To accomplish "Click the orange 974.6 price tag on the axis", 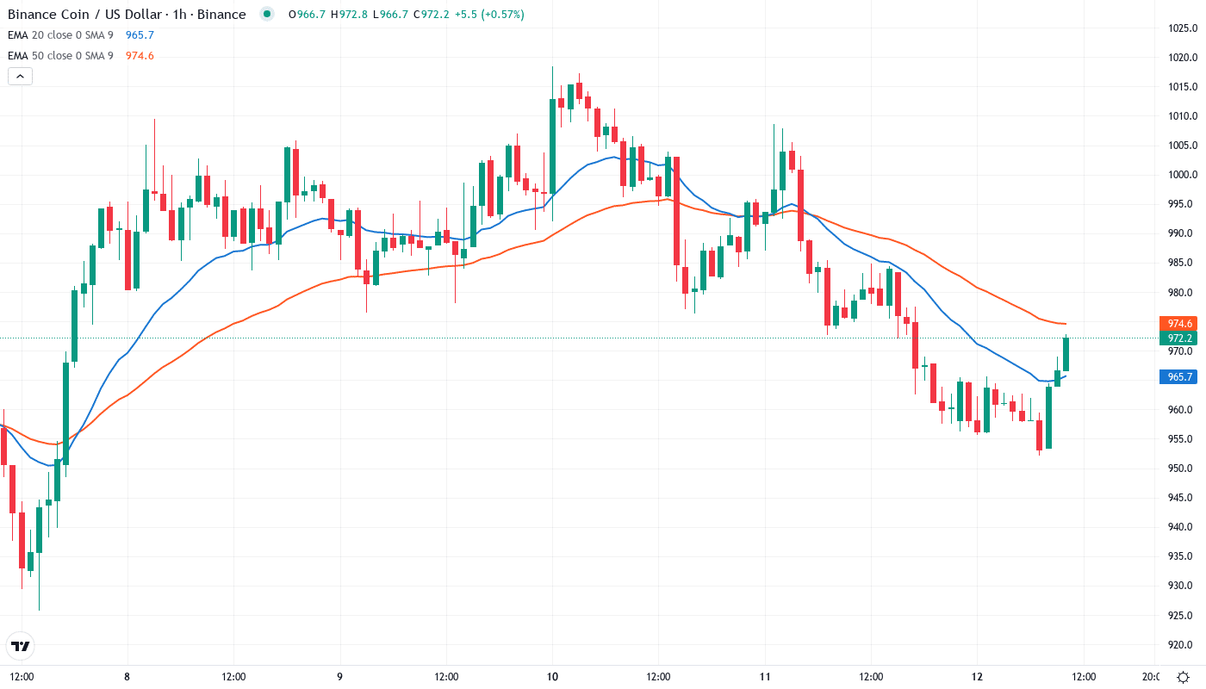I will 1178,324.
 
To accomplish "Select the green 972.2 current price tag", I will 1178,338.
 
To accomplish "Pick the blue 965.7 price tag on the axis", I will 1178,376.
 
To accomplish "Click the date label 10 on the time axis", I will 552,676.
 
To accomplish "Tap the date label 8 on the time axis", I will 127,676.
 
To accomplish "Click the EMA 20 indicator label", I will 60,35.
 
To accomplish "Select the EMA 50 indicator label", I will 60,56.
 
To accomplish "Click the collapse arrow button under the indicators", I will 20,76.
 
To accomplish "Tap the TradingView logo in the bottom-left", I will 21,646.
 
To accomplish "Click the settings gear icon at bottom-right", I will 1184,677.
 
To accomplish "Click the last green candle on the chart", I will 1066,354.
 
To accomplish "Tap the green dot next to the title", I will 267,14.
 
